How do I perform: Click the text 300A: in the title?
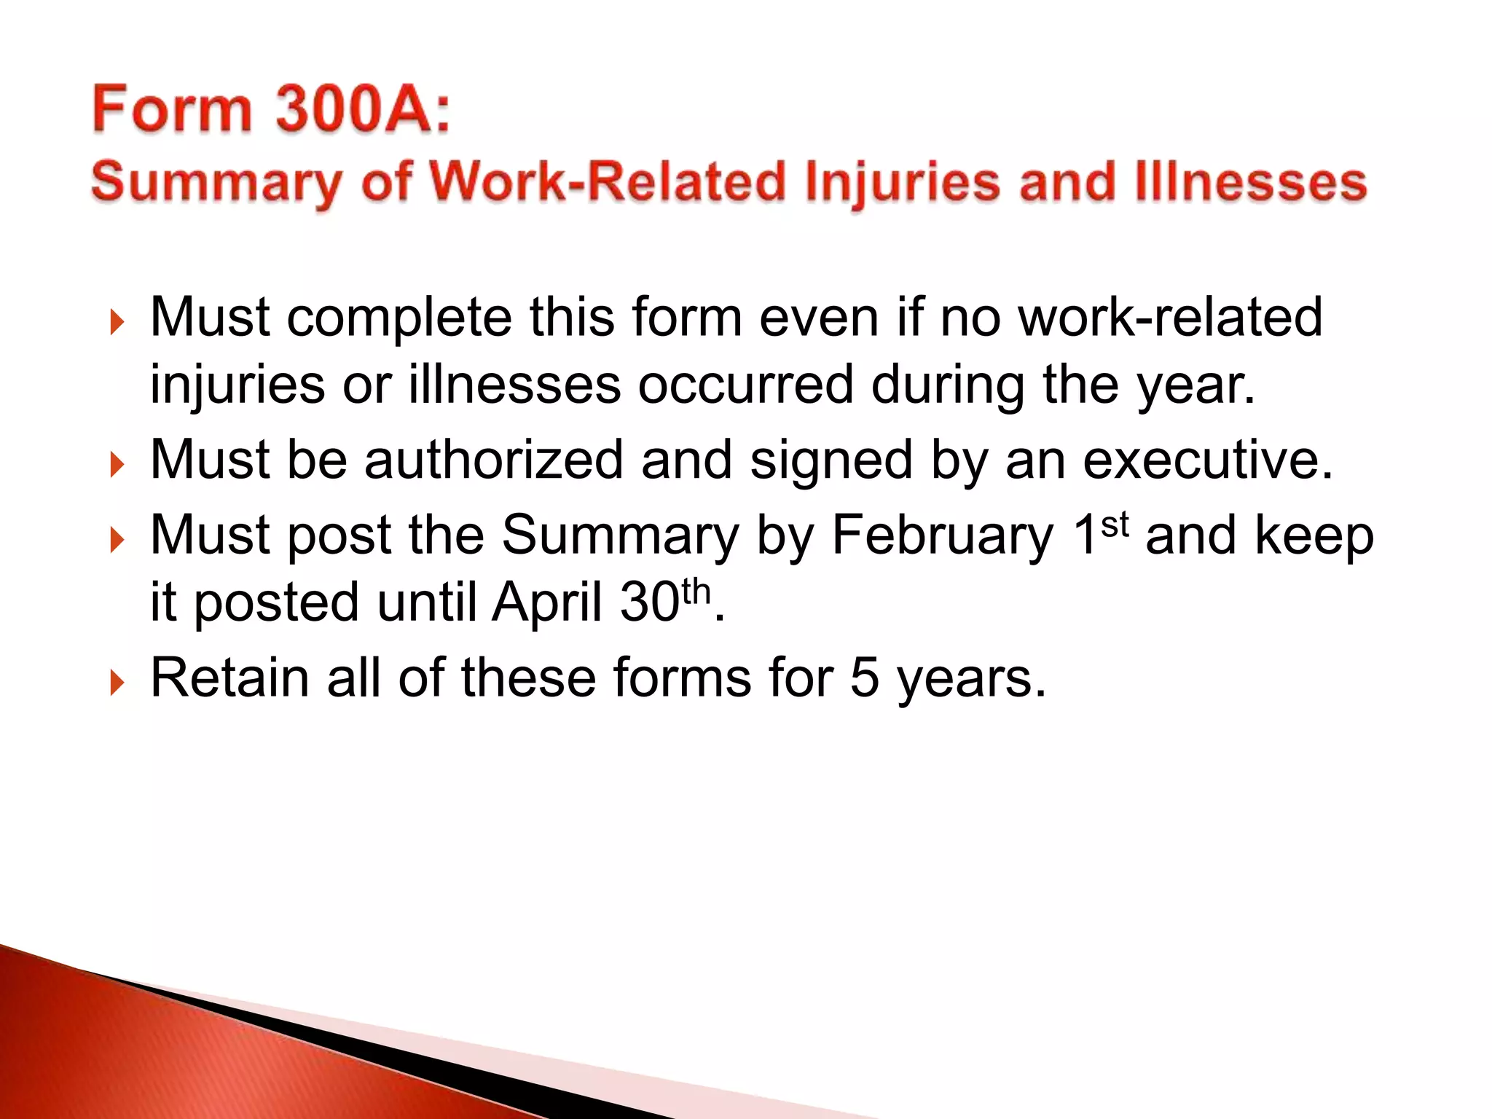coord(363,109)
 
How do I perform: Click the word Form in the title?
coord(171,109)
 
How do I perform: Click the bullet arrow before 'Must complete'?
coord(117,321)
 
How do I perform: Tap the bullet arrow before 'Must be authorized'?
coord(117,464)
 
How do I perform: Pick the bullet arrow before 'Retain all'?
coord(117,683)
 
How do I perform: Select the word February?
coord(943,536)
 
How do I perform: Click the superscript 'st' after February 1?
coord(1115,523)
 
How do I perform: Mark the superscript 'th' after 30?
coord(696,591)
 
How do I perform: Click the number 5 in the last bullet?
coord(865,678)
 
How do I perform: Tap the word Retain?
coord(229,678)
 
